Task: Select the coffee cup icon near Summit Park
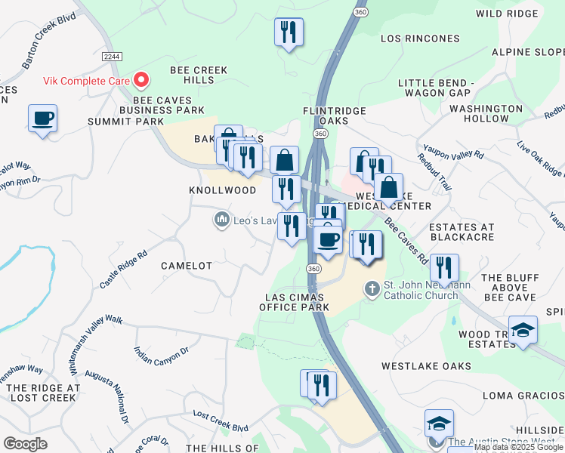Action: [42, 119]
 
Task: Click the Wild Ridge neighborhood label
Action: [508, 13]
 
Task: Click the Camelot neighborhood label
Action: [187, 266]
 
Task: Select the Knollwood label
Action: [222, 191]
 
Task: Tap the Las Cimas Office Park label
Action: [295, 302]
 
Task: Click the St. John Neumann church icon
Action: [371, 289]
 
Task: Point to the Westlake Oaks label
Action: [426, 366]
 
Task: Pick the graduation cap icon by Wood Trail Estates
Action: [523, 330]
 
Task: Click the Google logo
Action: [25, 443]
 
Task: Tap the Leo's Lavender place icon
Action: [221, 220]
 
